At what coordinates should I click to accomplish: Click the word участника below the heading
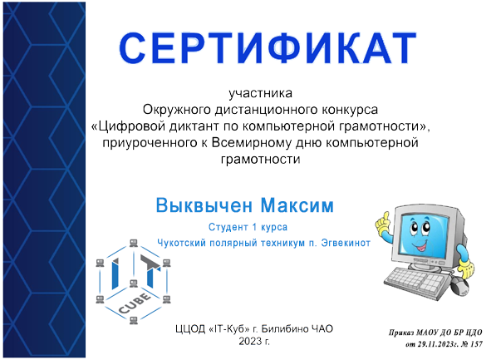click(261, 92)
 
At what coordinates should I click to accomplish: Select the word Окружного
click(179, 109)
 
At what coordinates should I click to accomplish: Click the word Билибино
click(287, 328)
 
